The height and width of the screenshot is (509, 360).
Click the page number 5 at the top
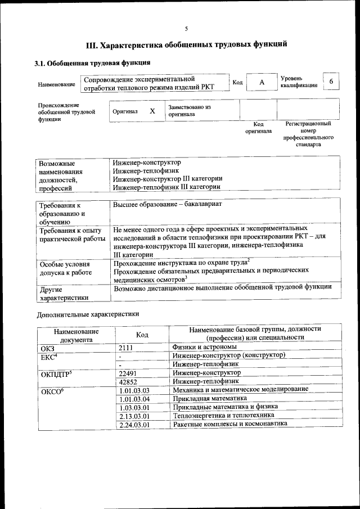(x=186, y=29)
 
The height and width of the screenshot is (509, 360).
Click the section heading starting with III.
(x=186, y=43)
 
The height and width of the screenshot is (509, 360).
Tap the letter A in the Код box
(x=262, y=83)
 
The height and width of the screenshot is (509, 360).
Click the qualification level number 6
(x=331, y=82)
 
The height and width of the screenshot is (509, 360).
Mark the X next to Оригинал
(x=152, y=111)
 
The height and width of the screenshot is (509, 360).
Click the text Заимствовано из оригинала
(x=189, y=110)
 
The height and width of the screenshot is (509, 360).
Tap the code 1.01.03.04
(x=134, y=398)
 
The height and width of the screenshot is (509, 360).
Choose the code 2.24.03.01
(x=134, y=424)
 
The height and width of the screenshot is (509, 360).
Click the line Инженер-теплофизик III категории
(x=166, y=187)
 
